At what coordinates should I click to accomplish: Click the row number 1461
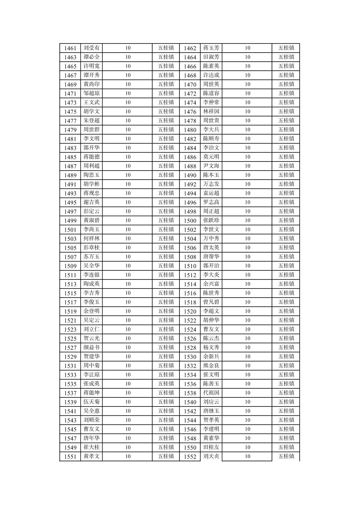(x=70, y=48)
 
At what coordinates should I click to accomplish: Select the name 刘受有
(x=91, y=48)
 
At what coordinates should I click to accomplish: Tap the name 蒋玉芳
(x=211, y=48)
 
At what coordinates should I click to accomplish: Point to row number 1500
(x=190, y=220)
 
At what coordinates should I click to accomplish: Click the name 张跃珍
(x=211, y=220)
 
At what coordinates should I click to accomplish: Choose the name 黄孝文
(x=91, y=456)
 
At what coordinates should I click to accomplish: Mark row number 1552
(x=190, y=456)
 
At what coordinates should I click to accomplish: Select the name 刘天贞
(x=211, y=456)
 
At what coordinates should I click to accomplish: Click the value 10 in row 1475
(x=128, y=111)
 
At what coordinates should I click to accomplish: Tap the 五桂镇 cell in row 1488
(x=286, y=166)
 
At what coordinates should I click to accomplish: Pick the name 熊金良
(x=211, y=365)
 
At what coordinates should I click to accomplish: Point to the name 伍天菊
(x=91, y=402)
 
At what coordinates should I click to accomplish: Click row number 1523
(x=70, y=329)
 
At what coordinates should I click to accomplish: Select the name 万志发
(x=211, y=184)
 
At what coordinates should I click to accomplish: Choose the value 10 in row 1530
(x=247, y=356)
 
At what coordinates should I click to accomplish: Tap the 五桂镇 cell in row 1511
(x=166, y=275)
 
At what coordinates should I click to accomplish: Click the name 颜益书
(x=91, y=347)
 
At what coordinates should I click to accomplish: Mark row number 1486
(x=190, y=157)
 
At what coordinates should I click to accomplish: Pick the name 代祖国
(x=211, y=392)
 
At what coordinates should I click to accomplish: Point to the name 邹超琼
(x=91, y=93)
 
